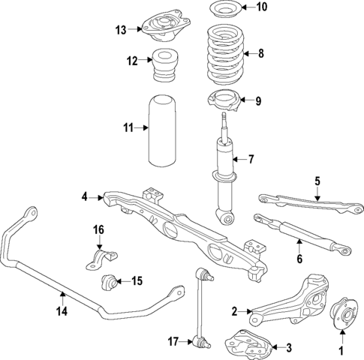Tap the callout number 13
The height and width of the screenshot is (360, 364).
coord(122,30)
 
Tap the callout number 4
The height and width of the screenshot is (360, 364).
coord(86,197)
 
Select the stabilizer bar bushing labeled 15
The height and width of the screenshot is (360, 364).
coord(110,283)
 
